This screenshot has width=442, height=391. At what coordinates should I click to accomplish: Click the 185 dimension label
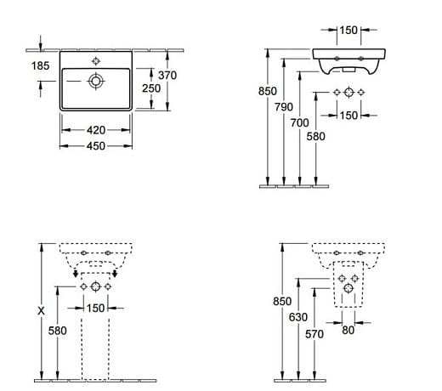[40, 65]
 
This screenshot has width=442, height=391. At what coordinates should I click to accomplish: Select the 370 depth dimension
[167, 76]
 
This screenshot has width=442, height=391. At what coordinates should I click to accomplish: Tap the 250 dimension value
[151, 88]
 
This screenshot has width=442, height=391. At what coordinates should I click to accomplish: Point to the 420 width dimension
[96, 130]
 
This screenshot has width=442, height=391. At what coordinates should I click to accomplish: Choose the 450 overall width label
[96, 146]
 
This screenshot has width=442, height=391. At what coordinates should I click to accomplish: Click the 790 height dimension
[284, 107]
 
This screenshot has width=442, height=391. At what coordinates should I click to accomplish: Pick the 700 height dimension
[300, 123]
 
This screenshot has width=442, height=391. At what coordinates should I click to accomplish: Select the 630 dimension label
[298, 317]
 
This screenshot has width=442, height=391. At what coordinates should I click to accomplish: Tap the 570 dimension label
[314, 334]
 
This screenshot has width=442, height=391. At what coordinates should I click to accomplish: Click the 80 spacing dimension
[348, 330]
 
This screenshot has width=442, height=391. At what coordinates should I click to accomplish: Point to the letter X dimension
[42, 311]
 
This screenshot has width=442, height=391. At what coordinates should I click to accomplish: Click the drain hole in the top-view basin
[96, 82]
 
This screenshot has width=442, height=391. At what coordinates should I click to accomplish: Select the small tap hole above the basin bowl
[96, 61]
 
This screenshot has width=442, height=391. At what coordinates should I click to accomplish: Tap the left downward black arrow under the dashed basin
[76, 274]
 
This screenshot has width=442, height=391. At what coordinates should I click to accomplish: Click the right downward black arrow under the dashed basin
[115, 274]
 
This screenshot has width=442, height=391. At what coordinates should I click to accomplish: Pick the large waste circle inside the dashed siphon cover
[348, 288]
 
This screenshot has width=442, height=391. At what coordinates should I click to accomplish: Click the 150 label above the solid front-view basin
[348, 31]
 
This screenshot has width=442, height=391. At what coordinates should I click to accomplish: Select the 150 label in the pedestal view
[95, 309]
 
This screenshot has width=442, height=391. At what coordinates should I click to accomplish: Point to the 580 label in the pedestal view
[57, 331]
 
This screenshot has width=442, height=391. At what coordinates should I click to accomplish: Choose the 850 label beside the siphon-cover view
[282, 302]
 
